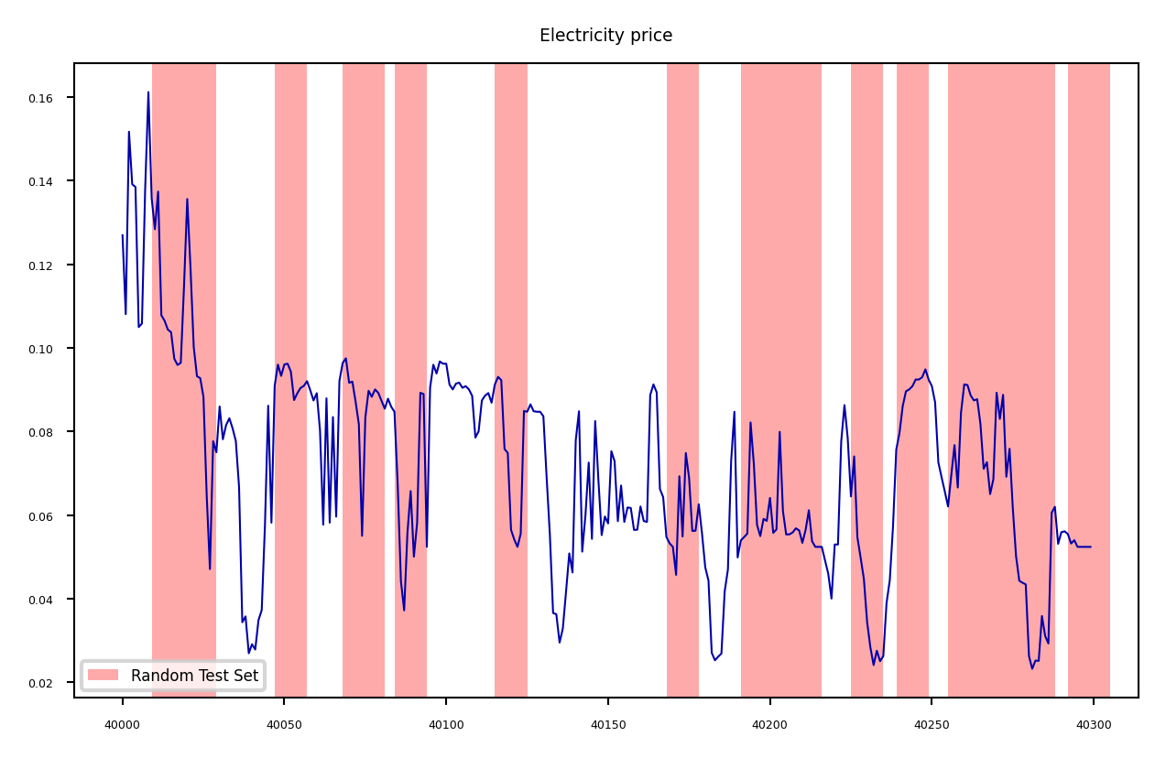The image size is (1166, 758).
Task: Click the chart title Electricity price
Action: coord(605,36)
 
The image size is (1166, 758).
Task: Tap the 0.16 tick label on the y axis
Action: coord(50,98)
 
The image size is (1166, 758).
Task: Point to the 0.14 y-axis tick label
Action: coord(50,181)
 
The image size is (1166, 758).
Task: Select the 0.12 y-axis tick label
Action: coord(50,265)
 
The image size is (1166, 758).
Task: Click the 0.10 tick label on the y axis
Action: coord(50,349)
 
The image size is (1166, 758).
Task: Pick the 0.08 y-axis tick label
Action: coord(50,432)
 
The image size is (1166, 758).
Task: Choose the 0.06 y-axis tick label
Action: coord(50,516)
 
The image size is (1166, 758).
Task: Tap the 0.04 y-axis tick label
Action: coord(50,600)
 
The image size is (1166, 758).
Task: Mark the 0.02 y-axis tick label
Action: coord(50,683)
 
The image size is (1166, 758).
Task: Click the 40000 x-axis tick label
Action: coord(122,725)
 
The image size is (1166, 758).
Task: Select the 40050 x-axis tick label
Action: coord(284,725)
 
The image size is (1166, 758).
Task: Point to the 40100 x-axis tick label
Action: coord(446,725)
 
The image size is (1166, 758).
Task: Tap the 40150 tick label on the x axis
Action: coord(607,725)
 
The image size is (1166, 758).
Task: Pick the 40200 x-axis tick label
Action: coord(769,725)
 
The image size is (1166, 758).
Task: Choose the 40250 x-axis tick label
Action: coord(932,725)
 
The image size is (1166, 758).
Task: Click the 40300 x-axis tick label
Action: coord(1094,725)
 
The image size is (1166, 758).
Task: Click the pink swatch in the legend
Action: coord(103,676)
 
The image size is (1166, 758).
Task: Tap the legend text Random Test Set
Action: coord(194,676)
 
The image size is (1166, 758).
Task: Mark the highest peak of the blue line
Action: coord(148,92)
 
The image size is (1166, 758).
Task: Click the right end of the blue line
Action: coord(1091,547)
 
